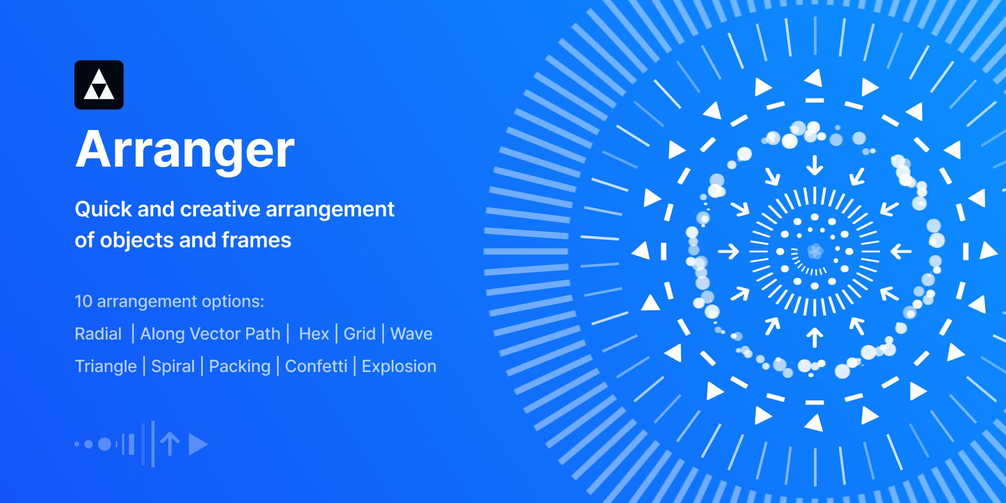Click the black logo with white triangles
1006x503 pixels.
pyautogui.click(x=99, y=85)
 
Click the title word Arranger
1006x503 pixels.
pyautogui.click(x=185, y=151)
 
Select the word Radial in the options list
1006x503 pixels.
pyautogui.click(x=98, y=334)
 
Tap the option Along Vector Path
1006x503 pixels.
pyautogui.click(x=210, y=334)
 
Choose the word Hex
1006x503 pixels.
pyautogui.click(x=314, y=334)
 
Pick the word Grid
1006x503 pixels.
pyautogui.click(x=359, y=334)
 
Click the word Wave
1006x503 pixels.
pyautogui.click(x=411, y=334)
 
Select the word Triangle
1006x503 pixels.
pyautogui.click(x=106, y=366)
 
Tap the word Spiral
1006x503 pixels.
pyautogui.click(x=173, y=366)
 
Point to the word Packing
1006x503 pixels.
pyautogui.click(x=239, y=366)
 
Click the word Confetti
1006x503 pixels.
pyautogui.click(x=316, y=366)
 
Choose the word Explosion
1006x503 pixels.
pyautogui.click(x=399, y=366)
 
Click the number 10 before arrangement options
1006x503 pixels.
pyautogui.click(x=83, y=301)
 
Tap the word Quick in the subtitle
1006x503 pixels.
pyautogui.click(x=103, y=210)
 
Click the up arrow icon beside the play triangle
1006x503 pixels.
pyautogui.click(x=170, y=444)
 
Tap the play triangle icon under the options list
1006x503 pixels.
pyautogui.click(x=198, y=444)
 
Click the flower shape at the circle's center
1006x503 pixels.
pyautogui.click(x=815, y=251)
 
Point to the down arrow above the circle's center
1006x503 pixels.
pyautogui.click(x=814, y=165)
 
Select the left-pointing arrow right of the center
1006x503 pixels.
pyautogui.click(x=901, y=251)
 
